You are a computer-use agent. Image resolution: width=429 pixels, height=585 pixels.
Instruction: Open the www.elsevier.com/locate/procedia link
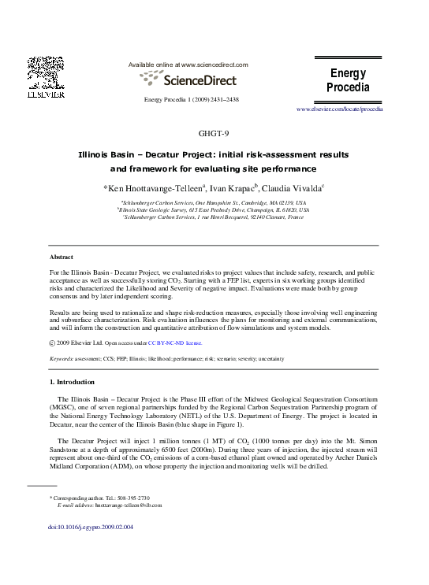(339, 109)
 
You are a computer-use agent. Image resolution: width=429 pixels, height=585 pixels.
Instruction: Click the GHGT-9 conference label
(214, 133)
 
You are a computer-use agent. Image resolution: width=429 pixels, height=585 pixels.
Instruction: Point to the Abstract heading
(61, 257)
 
